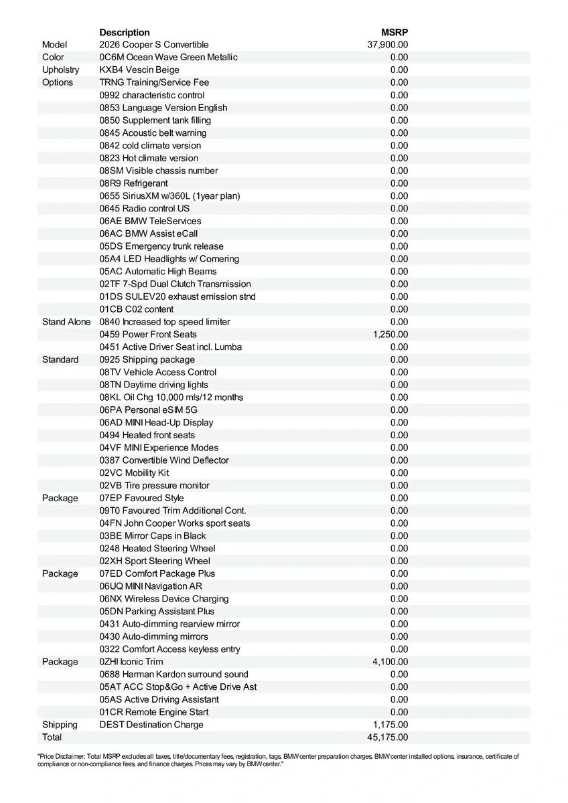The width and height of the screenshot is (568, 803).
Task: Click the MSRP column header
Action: click(x=395, y=32)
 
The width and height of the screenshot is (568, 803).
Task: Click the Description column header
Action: click(x=125, y=32)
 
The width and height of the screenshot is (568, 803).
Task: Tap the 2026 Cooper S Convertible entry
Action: click(x=154, y=45)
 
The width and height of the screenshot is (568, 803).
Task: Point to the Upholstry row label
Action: click(x=60, y=70)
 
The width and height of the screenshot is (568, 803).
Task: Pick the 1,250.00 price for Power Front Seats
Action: click(x=390, y=335)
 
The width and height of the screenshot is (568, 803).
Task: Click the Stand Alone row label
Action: click(x=66, y=322)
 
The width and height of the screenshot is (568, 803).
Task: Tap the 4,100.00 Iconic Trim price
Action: click(x=390, y=662)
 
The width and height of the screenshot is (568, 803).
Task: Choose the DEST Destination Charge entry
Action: click(x=151, y=725)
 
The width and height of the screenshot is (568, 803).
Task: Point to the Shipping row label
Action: click(x=60, y=725)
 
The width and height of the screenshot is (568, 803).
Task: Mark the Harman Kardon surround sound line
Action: click(x=174, y=675)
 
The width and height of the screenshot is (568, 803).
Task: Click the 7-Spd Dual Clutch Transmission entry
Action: click(x=175, y=284)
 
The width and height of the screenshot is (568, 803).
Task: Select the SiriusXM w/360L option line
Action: click(x=169, y=196)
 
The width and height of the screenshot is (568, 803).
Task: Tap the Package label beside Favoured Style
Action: click(x=60, y=499)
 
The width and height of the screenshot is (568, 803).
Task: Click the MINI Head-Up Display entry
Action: click(x=157, y=423)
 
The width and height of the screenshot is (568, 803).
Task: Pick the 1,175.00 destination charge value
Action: click(x=390, y=725)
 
